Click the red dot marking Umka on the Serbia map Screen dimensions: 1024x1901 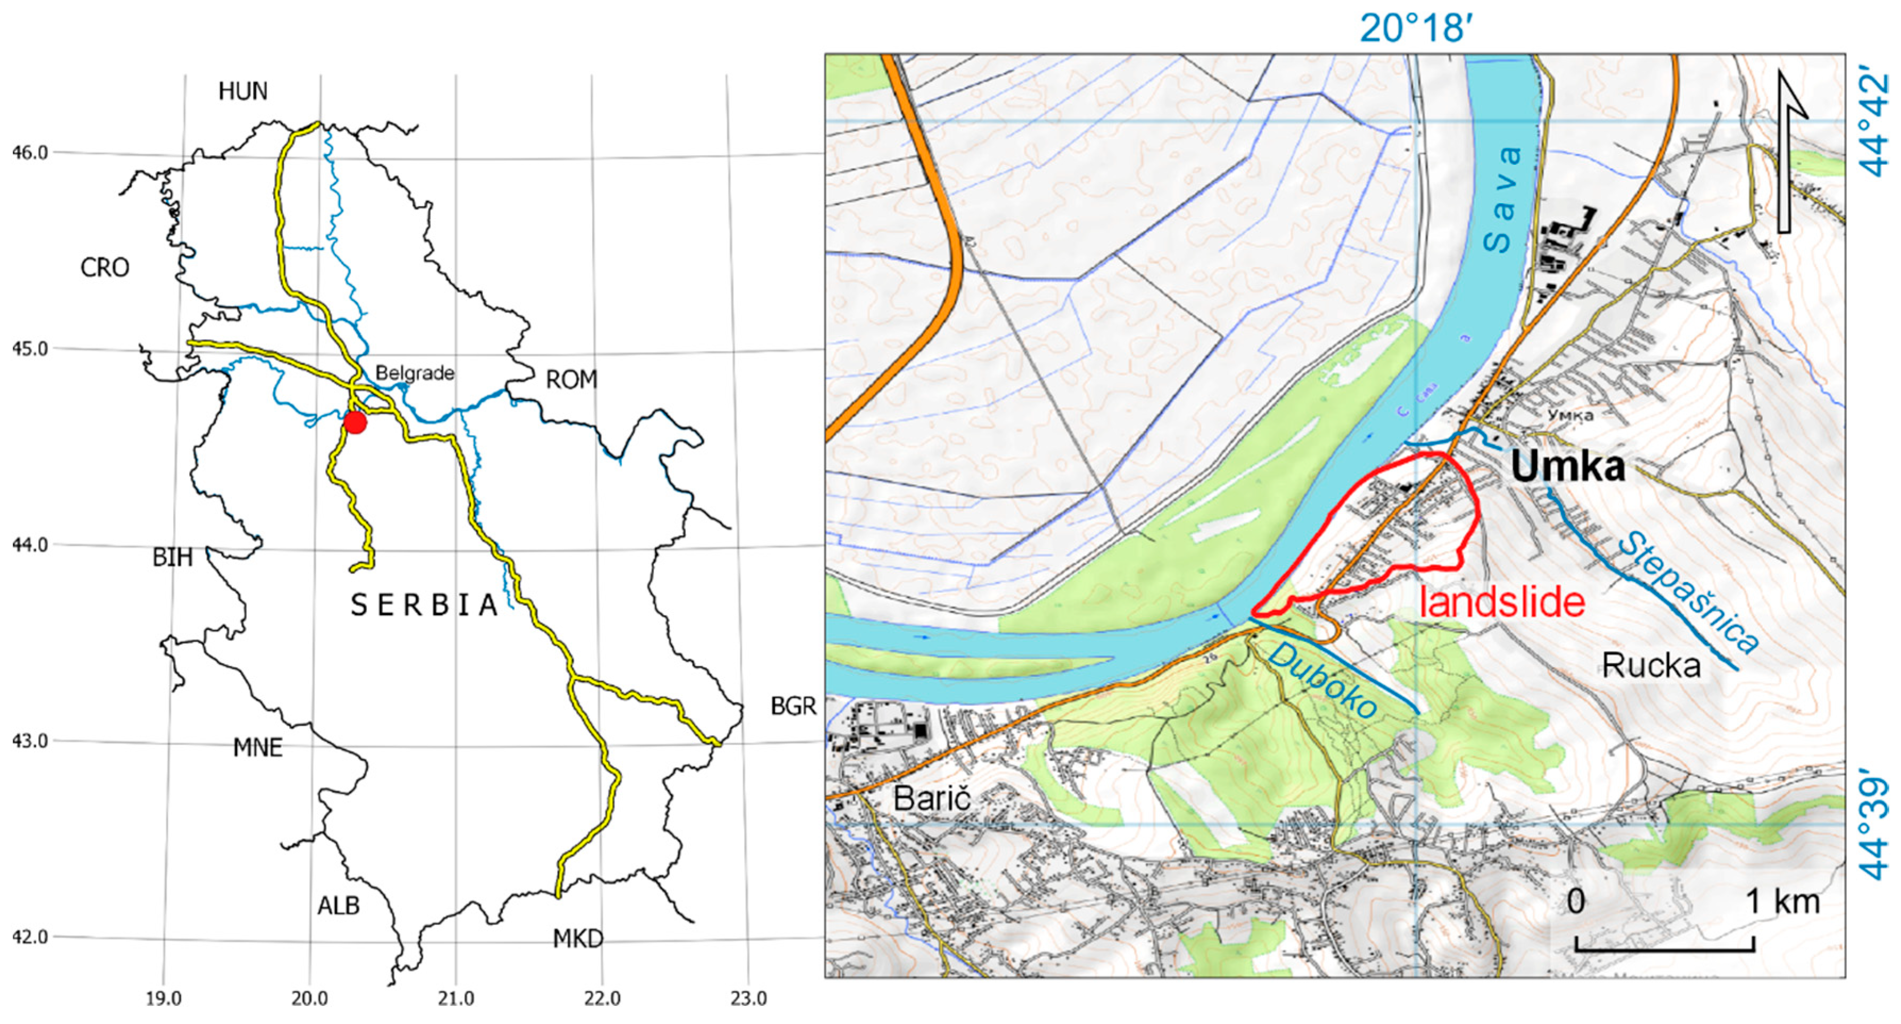[355, 422]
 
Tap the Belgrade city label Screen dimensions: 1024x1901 [414, 373]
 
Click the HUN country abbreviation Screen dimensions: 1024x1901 [243, 91]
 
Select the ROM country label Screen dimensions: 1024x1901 [571, 380]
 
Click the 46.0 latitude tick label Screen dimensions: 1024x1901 [30, 153]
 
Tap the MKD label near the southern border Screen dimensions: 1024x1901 [578, 939]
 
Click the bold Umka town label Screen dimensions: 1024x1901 [1567, 467]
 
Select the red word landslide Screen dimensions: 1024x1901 [1502, 602]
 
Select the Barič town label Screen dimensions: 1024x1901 [932, 798]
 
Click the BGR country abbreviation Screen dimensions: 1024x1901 [793, 707]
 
